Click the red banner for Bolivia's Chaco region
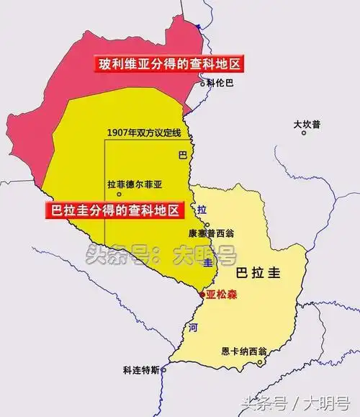pos(168,64)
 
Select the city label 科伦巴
pos(220,83)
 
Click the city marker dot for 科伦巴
pos(202,84)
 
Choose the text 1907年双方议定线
pos(143,133)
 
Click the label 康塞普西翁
pos(212,235)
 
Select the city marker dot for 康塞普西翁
pos(207,225)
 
